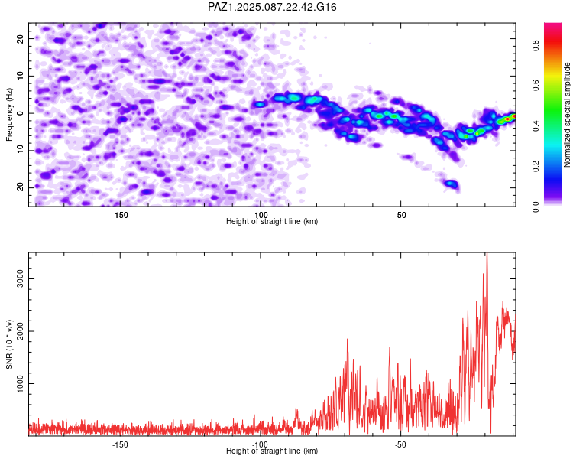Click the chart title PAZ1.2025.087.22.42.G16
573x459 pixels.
tap(272, 7)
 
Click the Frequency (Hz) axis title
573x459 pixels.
tap(9, 115)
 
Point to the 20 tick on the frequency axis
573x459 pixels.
tap(21, 38)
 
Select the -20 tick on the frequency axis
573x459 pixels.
tap(21, 187)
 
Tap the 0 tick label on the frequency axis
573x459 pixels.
tap(21, 113)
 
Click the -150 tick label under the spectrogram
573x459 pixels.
tap(120, 215)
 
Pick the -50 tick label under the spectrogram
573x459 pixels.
tap(400, 215)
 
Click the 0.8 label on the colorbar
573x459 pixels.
tap(536, 46)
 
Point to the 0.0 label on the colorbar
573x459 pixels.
tap(536, 206)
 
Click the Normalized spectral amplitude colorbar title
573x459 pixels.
tap(567, 115)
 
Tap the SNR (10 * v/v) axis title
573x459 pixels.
tap(9, 344)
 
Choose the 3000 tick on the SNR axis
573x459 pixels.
tap(21, 278)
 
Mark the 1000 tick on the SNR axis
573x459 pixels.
tap(21, 383)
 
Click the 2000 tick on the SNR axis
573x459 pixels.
tap(21, 331)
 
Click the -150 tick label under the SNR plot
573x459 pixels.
tap(120, 444)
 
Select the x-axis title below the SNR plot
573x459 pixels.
tap(272, 451)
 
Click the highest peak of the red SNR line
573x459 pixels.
tap(487, 253)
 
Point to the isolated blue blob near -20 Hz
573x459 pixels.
tap(452, 184)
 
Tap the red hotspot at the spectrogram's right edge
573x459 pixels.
tap(507, 119)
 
